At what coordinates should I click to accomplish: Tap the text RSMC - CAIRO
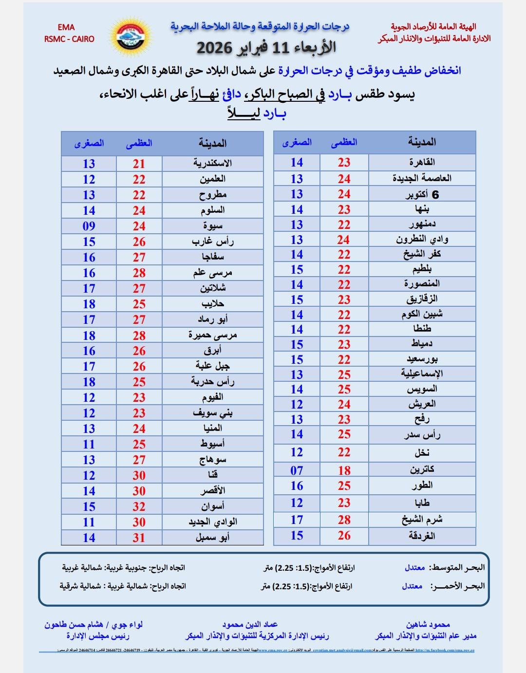[x=69, y=39]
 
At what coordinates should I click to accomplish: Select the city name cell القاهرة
[x=422, y=162]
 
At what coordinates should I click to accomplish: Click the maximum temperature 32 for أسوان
[x=139, y=506]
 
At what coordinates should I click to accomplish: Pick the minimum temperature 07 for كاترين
[x=297, y=470]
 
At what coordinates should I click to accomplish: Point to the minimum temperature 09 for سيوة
[x=89, y=226]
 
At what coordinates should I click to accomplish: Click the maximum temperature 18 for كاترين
[x=344, y=470]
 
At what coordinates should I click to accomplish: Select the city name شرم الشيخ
[x=422, y=520]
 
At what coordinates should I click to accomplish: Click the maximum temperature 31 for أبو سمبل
[x=139, y=538]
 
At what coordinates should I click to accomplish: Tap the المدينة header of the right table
[x=422, y=142]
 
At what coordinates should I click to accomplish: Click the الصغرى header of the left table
[x=89, y=143]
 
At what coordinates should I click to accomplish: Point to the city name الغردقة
[x=422, y=536]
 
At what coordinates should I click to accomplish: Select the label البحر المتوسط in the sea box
[x=458, y=568]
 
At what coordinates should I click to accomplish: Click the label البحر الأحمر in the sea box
[x=457, y=586]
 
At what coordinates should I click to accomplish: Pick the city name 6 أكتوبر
[x=422, y=194]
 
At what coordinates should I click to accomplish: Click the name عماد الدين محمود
[x=250, y=624]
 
